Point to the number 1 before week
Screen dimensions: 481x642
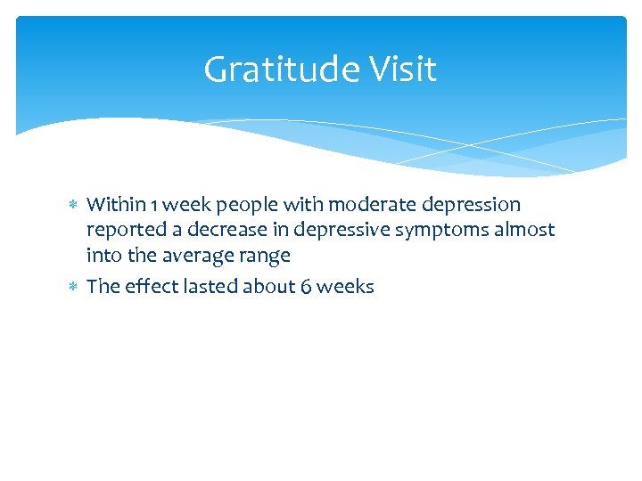pyautogui.click(x=156, y=205)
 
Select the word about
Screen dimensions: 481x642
pyautogui.click(x=271, y=286)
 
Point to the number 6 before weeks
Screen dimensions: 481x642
pyautogui.click(x=309, y=287)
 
